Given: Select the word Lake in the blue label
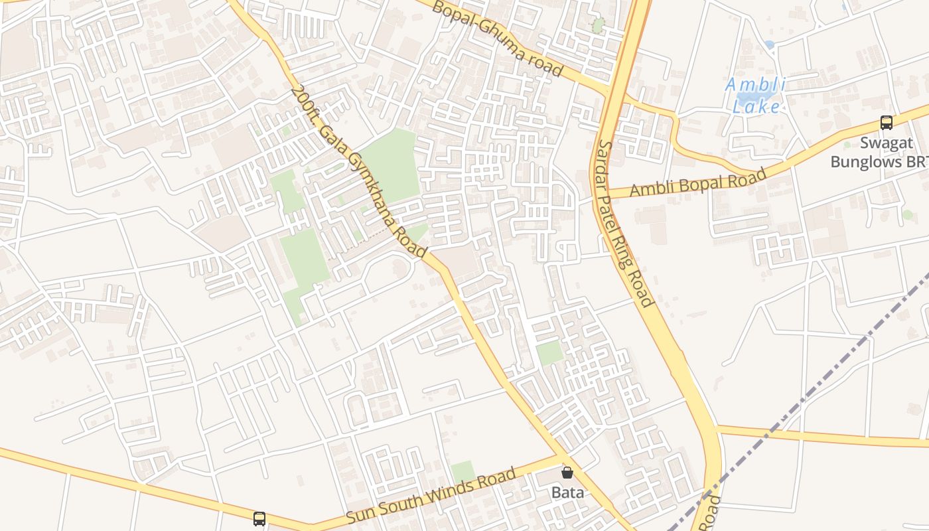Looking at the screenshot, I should tap(756, 106).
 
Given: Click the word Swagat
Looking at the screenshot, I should tap(887, 143).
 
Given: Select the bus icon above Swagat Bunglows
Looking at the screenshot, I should tap(887, 123).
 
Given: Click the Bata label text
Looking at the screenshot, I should tap(568, 493).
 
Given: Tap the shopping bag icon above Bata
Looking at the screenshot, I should tap(567, 473).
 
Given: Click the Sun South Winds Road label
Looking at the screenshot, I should tap(431, 496).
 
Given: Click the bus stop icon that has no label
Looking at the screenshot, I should tap(259, 518).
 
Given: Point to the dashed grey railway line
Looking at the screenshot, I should tap(796, 398).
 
